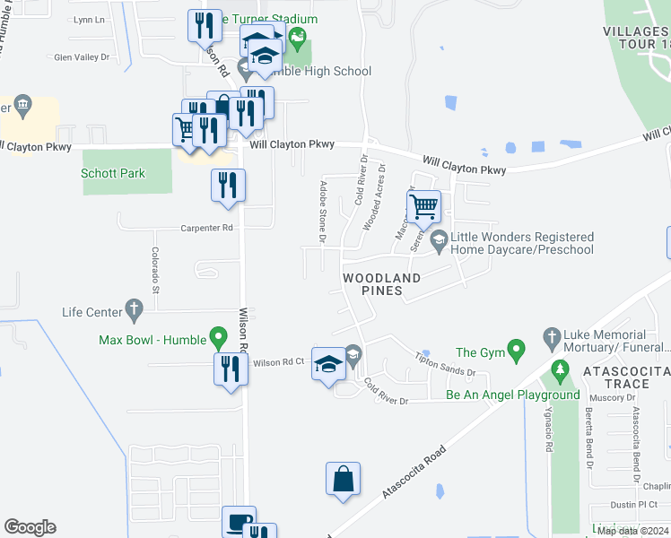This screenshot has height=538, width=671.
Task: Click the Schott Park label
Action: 113,174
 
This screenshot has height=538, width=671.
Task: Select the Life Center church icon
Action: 135,310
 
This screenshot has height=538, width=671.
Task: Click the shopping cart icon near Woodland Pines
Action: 423,208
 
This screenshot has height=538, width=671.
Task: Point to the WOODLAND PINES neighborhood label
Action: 381,284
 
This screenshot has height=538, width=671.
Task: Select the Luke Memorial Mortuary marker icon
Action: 553,338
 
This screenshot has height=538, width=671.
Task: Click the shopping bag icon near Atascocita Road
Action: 344,480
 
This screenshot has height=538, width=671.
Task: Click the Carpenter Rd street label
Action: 206,228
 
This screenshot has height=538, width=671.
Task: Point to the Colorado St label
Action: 155,271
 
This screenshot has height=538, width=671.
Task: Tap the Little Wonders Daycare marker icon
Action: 439,239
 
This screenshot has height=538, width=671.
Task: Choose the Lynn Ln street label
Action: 89,19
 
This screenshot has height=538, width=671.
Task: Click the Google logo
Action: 30,527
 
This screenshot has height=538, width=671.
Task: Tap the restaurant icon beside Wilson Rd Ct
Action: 231,369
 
